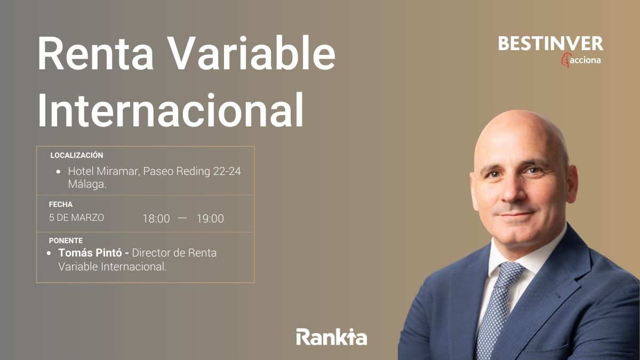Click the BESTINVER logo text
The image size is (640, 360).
[550, 44]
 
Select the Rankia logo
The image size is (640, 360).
[331, 337]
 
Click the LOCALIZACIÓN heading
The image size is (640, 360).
[76, 155]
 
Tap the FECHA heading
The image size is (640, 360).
[60, 204]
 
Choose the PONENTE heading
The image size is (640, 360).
[66, 241]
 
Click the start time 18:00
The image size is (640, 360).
[156, 219]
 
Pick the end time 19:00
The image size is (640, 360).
[210, 219]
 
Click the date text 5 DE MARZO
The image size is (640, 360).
[76, 218]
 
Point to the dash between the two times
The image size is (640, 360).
[183, 218]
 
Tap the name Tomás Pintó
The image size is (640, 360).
[90, 253]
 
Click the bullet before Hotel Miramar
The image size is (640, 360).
[59, 172]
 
